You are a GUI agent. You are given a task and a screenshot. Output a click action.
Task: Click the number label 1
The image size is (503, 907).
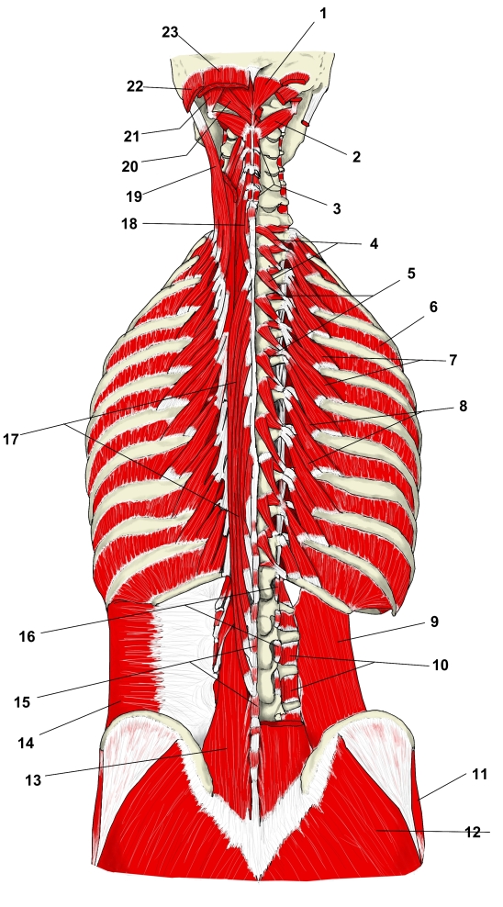tap(323, 13)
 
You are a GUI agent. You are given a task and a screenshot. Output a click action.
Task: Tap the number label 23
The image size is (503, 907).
tap(170, 32)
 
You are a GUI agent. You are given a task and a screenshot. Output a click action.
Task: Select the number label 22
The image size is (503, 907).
tap(135, 87)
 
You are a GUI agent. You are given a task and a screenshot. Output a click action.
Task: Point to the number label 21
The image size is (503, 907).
tap(131, 137)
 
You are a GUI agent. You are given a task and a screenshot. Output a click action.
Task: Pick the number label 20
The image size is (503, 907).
tap(129, 167)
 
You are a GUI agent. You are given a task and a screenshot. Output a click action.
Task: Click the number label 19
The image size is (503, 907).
tap(134, 196)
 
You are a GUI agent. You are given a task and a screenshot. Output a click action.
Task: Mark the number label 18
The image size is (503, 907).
tap(129, 224)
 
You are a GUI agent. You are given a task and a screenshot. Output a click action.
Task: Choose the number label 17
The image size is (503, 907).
tap(11, 440)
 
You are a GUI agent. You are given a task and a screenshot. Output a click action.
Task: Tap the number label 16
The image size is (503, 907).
tap(27, 637)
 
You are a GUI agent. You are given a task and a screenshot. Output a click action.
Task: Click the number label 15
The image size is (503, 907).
tap(22, 703)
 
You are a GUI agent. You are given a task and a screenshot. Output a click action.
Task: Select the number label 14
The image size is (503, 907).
tap(26, 744)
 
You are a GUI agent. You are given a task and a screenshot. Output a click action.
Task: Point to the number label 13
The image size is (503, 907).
tap(34, 780)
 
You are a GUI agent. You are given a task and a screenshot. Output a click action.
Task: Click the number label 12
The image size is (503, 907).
tap(473, 833)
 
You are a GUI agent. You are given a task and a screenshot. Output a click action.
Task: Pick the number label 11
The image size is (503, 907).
tap(480, 774)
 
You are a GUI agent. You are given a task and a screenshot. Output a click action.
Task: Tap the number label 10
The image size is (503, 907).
tap(440, 666)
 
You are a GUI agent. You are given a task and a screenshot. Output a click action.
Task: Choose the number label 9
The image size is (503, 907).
tap(434, 621)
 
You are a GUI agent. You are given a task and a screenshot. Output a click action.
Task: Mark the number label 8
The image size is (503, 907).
tap(463, 407)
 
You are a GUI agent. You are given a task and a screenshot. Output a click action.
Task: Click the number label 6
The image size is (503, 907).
tap(433, 308)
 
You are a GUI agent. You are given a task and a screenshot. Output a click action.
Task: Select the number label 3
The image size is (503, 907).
tap(337, 208)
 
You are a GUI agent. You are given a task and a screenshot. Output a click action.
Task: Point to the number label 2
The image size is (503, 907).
tap(356, 157)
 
